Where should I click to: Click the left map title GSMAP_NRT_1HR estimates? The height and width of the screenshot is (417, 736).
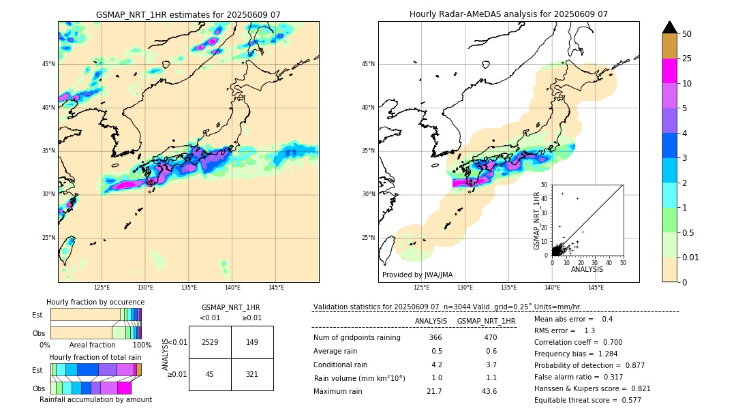[x=188, y=14]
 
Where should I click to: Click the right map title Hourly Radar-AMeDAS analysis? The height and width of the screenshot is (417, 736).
[x=508, y=14]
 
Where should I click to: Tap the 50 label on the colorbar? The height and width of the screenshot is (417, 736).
[x=687, y=33]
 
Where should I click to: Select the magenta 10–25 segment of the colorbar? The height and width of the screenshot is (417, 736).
[x=669, y=71]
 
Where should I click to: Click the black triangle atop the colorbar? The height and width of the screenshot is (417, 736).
[x=669, y=27]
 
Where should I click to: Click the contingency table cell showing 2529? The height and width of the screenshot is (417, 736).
[x=210, y=342]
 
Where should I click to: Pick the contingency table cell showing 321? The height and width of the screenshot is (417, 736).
[x=252, y=374]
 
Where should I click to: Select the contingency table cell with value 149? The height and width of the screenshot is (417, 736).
[x=252, y=342]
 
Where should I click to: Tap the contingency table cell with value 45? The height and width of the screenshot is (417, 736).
[x=210, y=374]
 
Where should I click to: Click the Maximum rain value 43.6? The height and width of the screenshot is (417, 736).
[x=489, y=391]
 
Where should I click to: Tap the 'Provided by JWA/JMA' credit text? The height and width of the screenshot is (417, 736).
[x=417, y=275]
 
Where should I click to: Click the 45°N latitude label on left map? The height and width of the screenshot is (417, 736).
[x=48, y=64]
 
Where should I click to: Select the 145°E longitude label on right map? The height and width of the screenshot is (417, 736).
[x=596, y=288]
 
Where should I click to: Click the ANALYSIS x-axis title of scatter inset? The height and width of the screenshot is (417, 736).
[x=587, y=269]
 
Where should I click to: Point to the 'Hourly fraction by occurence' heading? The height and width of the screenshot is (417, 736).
[x=95, y=302]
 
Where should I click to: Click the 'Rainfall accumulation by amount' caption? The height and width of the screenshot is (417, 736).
[x=95, y=399]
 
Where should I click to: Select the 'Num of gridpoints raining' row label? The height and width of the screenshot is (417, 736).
[x=357, y=338]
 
